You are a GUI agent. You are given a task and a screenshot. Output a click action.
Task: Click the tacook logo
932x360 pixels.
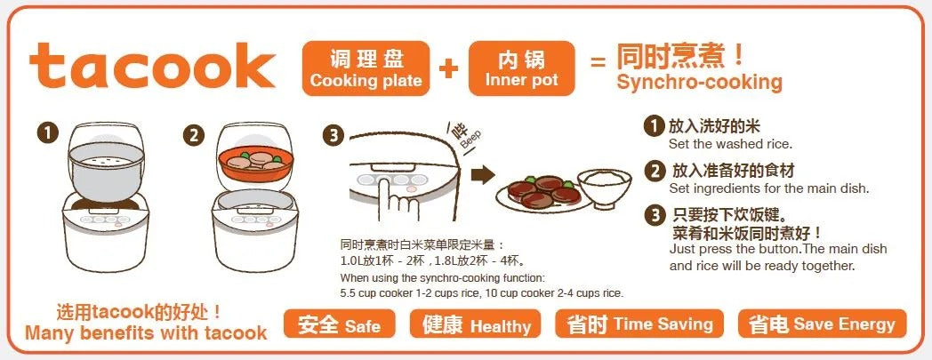click(152, 66)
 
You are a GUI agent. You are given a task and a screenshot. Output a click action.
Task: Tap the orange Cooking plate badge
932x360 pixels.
click(366, 68)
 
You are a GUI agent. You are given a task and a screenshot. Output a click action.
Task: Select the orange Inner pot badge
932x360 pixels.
click(522, 68)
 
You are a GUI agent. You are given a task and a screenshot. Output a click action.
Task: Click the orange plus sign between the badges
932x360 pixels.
click(449, 68)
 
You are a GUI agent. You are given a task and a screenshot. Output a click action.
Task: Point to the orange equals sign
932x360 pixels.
click(598, 61)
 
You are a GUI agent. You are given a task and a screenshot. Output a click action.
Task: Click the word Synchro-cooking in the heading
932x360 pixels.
click(700, 82)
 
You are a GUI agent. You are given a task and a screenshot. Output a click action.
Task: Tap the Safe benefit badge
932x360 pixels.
click(339, 324)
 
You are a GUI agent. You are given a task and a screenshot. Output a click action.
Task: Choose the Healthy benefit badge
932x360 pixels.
click(476, 324)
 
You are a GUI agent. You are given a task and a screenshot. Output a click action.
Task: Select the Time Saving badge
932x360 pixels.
click(639, 324)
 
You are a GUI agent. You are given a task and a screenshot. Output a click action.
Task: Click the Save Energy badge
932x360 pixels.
click(822, 324)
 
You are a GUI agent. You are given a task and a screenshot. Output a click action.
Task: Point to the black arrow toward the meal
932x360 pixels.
click(483, 174)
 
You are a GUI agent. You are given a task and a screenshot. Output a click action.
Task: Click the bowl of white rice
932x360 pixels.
click(605, 186)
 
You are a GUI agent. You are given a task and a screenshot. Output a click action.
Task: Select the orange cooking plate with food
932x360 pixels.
click(255, 164)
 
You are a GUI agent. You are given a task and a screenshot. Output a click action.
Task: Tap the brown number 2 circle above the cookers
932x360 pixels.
click(193, 136)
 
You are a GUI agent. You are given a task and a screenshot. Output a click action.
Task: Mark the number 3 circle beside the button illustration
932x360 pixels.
click(333, 136)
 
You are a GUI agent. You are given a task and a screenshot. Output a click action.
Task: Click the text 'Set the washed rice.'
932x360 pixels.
click(730, 144)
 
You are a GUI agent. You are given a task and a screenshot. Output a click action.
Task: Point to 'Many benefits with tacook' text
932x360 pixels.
click(146, 332)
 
